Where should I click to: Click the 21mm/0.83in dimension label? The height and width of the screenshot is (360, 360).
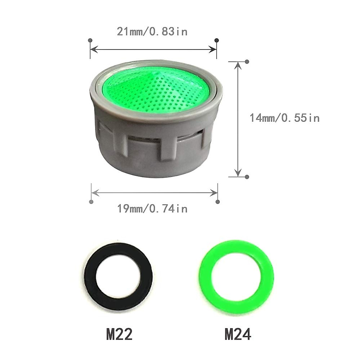(x=152, y=31)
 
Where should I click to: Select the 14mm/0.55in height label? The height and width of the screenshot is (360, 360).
(x=285, y=118)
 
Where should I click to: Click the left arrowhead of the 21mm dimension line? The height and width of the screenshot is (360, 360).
(x=93, y=48)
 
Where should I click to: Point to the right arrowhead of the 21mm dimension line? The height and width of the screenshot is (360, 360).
(x=214, y=48)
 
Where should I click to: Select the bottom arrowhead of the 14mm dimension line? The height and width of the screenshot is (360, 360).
(x=238, y=173)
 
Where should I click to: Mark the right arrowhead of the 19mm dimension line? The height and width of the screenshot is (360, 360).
(x=215, y=191)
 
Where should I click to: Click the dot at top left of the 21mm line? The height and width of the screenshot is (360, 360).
(x=90, y=40)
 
